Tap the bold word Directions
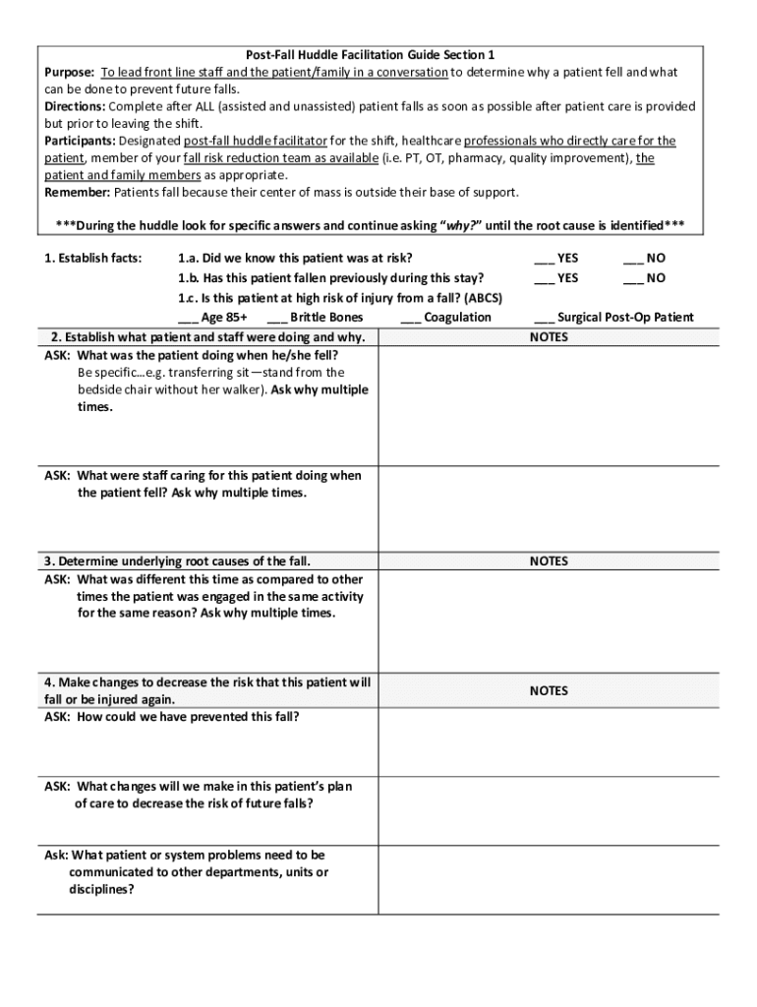[x=75, y=106]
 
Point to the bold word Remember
[x=77, y=192]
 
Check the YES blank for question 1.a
[x=544, y=260]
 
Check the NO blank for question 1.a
[x=632, y=260]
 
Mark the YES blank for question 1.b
[x=544, y=279]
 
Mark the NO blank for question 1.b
[x=632, y=279]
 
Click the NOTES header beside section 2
[x=549, y=337]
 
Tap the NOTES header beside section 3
[x=549, y=562]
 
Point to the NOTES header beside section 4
[x=549, y=691]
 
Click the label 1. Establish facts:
[x=93, y=259]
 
